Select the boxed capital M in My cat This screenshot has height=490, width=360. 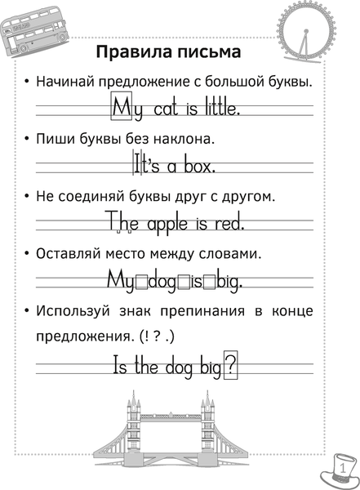[121, 107]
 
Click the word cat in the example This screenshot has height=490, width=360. [158, 109]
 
